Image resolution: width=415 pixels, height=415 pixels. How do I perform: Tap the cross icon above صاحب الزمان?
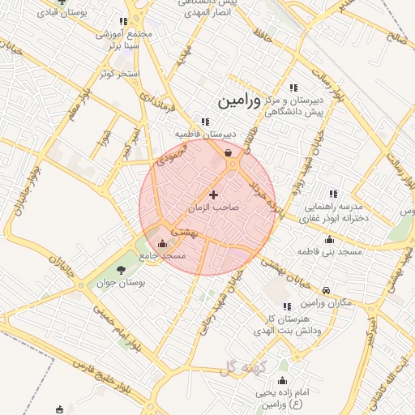(x=214, y=195)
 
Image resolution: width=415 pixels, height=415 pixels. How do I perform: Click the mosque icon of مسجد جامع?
(x=163, y=243)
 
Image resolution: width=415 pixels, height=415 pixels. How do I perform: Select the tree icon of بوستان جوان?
(x=122, y=270)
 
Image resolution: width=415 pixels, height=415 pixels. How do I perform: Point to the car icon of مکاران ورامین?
(x=326, y=290)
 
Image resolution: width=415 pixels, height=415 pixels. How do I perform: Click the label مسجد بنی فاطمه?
(x=330, y=253)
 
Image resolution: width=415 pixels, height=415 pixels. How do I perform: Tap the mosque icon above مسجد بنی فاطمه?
(x=329, y=239)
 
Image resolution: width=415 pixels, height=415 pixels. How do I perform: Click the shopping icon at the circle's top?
(x=229, y=152)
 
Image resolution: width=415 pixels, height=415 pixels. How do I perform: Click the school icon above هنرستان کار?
(x=286, y=306)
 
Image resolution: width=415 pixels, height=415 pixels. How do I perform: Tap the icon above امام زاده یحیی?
(x=283, y=380)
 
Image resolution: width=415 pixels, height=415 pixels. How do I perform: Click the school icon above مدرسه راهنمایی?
(x=332, y=194)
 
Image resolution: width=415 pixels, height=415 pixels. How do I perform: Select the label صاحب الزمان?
(x=215, y=207)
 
